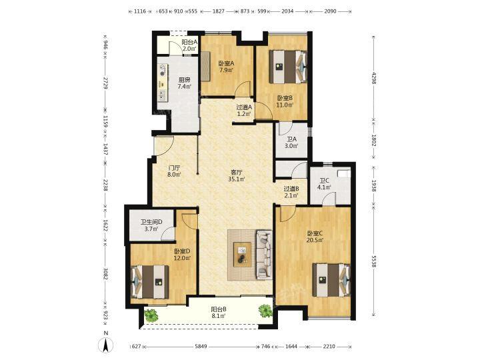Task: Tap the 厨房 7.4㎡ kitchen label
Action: (x=184, y=83)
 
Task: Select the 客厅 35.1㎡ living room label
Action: (x=237, y=175)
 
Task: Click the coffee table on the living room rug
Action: (x=243, y=255)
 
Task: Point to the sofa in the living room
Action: (x=264, y=255)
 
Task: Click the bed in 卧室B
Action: (x=288, y=67)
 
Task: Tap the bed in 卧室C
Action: (x=331, y=280)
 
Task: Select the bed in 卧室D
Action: (x=150, y=281)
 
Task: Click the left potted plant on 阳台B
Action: (x=151, y=315)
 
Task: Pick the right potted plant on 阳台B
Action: (x=265, y=311)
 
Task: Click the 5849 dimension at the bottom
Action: (x=201, y=347)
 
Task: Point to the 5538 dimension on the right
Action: (x=373, y=262)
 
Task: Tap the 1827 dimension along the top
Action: (x=219, y=11)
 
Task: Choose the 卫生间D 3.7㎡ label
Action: (x=151, y=225)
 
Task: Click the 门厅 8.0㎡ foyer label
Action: (x=174, y=171)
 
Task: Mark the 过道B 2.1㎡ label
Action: (x=291, y=192)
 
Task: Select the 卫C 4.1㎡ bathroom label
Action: (x=325, y=184)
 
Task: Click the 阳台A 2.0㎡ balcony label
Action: (x=189, y=45)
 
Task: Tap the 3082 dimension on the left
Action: (x=105, y=274)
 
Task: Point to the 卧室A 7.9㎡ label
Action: (x=226, y=67)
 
